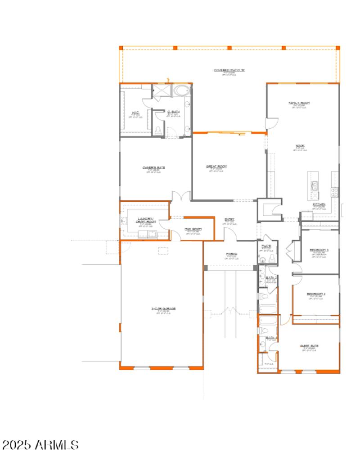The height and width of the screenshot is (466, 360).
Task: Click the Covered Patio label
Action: [x=229, y=70]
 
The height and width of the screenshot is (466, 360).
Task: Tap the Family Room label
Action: [x=299, y=103]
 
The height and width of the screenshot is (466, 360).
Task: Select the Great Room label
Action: [x=216, y=167]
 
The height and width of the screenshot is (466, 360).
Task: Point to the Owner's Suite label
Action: [x=154, y=167]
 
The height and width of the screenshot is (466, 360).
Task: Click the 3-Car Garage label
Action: [x=163, y=309]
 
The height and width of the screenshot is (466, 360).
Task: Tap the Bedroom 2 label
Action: [x=316, y=294]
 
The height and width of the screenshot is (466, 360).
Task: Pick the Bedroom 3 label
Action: [x=319, y=250]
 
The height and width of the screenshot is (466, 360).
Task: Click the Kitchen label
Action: [x=319, y=204]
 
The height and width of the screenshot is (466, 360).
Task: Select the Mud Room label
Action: [x=193, y=229]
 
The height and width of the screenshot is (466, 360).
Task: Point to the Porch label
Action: [x=232, y=254]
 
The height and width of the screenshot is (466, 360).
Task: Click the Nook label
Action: [x=300, y=145]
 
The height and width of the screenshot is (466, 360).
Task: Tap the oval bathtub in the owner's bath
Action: [x=182, y=91]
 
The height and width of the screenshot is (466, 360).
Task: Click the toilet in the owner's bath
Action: [x=157, y=131]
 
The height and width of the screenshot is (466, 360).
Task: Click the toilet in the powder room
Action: [x=271, y=258]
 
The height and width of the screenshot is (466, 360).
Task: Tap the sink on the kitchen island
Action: [x=314, y=184]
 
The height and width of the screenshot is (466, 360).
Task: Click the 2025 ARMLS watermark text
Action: [x=40, y=445]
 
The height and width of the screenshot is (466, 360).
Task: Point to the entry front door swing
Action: [x=230, y=233]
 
